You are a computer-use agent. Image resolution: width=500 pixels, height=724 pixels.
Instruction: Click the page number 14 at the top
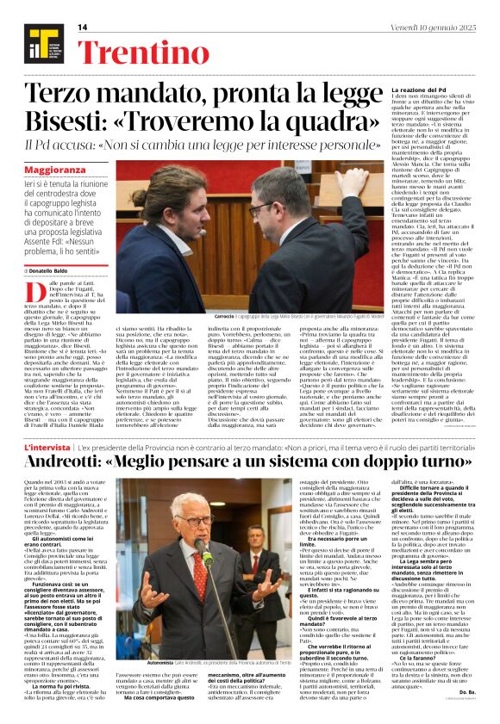pos(83,28)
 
